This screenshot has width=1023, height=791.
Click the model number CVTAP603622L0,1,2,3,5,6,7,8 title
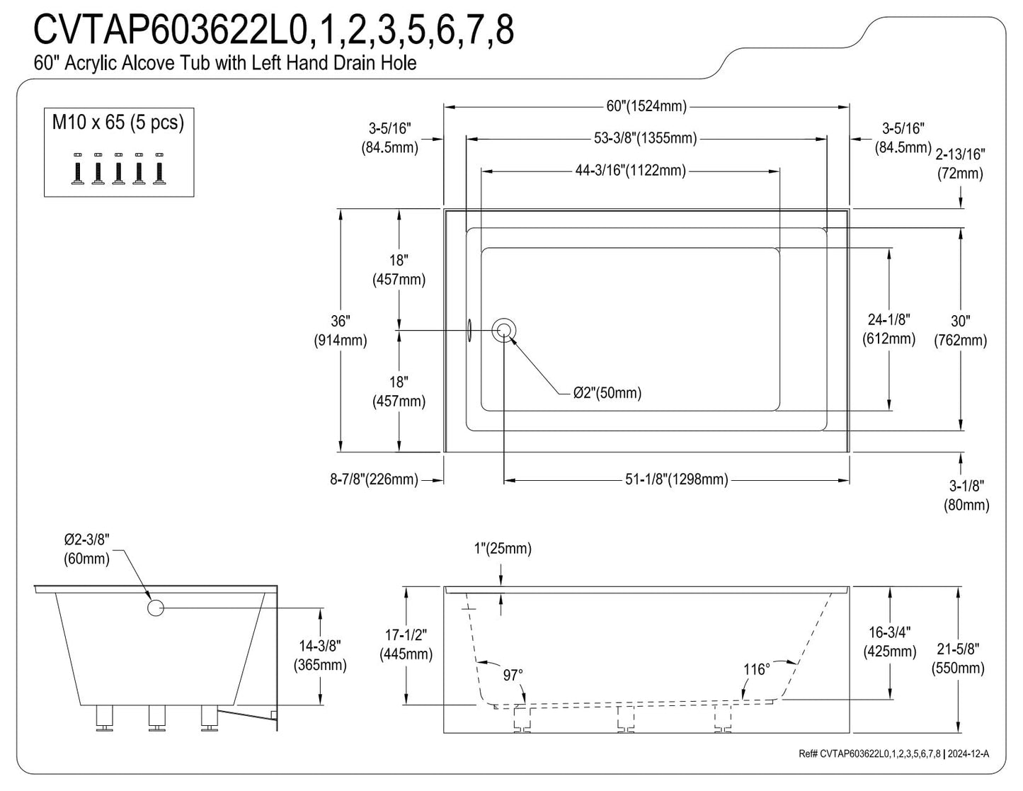tap(273, 30)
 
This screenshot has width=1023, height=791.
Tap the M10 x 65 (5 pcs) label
tap(118, 123)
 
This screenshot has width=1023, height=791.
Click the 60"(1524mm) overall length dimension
tap(646, 106)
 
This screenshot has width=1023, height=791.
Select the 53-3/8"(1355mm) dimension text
tap(645, 138)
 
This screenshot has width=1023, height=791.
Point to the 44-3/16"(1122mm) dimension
tap(630, 171)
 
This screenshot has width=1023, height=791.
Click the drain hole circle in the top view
tap(504, 330)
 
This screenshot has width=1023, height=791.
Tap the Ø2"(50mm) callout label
tap(607, 393)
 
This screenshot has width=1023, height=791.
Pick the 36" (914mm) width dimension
tap(341, 331)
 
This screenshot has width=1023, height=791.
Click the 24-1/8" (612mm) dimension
tap(888, 329)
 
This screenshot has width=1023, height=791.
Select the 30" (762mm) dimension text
tap(961, 331)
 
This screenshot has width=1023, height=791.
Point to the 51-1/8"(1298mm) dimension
tap(677, 479)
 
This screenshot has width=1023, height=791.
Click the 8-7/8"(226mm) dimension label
tap(374, 479)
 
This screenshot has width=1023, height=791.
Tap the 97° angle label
tap(512, 675)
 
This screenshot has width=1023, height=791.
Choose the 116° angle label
tap(757, 669)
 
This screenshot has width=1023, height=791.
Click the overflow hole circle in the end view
tap(155, 608)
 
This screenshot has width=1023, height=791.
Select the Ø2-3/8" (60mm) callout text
tap(86, 549)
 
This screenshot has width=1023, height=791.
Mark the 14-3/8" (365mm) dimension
tap(320, 655)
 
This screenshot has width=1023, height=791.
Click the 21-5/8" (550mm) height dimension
tap(958, 659)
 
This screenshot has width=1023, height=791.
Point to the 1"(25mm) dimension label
tap(503, 549)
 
